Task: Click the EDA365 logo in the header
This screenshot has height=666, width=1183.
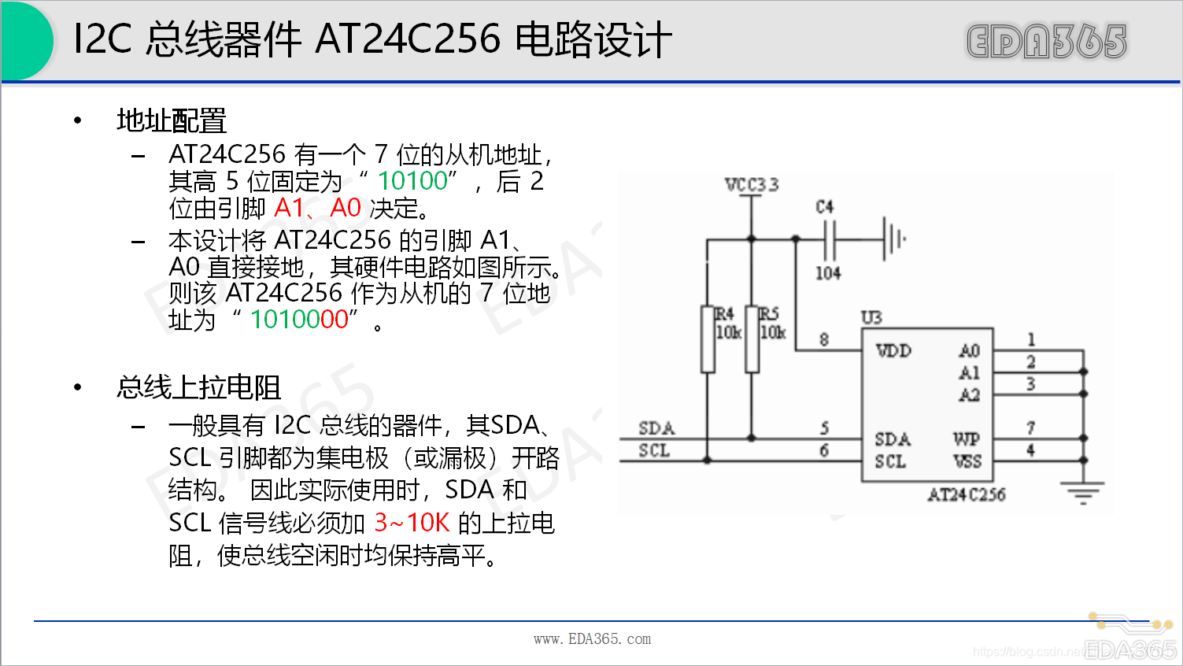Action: [x=1046, y=41]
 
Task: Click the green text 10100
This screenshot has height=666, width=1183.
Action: [x=412, y=181]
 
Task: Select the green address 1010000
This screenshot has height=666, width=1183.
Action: [x=299, y=320]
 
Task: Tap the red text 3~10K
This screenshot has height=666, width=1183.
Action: [x=412, y=523]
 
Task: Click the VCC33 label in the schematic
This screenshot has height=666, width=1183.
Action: [x=752, y=185]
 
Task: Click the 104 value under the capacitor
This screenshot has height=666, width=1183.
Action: [x=828, y=273]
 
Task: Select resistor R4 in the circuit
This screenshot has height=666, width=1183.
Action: [x=708, y=339]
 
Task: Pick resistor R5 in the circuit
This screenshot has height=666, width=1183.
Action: [x=752, y=339]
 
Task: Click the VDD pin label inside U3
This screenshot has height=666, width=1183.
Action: [x=893, y=350]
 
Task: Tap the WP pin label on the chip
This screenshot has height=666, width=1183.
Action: [x=967, y=438]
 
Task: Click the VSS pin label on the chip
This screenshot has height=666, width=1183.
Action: [x=967, y=461]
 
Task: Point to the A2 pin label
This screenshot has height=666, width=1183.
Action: [x=969, y=394]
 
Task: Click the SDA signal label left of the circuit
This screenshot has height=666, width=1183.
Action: [x=656, y=428]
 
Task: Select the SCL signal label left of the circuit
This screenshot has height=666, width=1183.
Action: [x=654, y=450]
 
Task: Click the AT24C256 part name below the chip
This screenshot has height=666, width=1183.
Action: [x=966, y=494]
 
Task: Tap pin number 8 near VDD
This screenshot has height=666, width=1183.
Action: [x=824, y=339]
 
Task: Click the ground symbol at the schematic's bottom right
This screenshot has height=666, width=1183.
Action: [x=1083, y=493]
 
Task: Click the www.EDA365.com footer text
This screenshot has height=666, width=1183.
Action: [x=592, y=639]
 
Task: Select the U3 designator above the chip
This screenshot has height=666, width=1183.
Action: [x=871, y=317]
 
